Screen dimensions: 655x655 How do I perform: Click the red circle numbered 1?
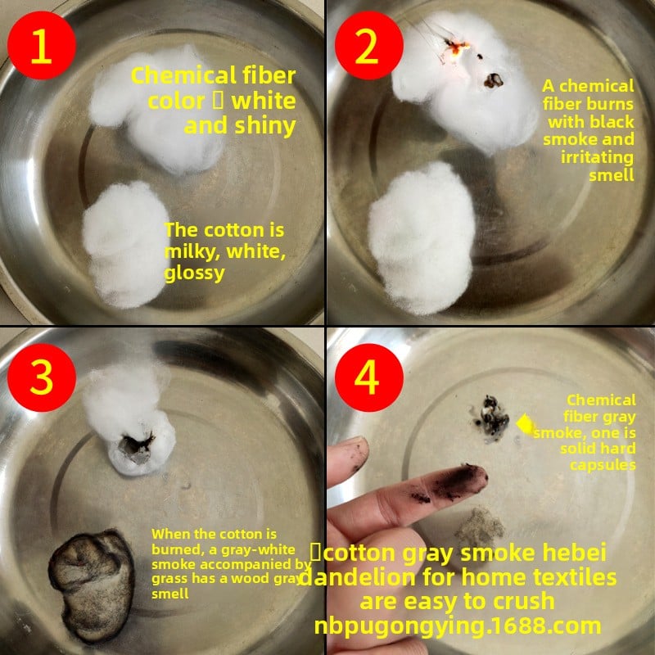point(42,45)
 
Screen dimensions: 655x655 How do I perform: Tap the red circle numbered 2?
point(369,45)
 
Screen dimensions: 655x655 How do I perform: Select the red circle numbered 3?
point(42,377)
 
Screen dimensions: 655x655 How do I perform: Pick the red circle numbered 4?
point(369,377)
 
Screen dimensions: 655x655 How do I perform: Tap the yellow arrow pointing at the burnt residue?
point(526,424)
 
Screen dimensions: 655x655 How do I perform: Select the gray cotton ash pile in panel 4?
point(481,527)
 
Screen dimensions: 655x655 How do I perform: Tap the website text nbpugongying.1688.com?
point(458,626)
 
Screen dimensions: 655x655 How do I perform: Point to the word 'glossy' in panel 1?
point(195,273)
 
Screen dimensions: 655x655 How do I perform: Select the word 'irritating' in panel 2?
point(598,157)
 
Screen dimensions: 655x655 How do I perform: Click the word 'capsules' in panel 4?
point(603,464)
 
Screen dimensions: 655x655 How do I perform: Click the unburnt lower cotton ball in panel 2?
point(422,238)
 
